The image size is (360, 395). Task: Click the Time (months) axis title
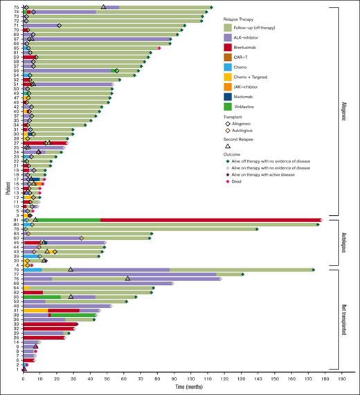tap(182, 389)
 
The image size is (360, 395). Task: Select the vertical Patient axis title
tap(6, 188)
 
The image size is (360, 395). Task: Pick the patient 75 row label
tap(16, 7)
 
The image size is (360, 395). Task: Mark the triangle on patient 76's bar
tap(127, 279)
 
